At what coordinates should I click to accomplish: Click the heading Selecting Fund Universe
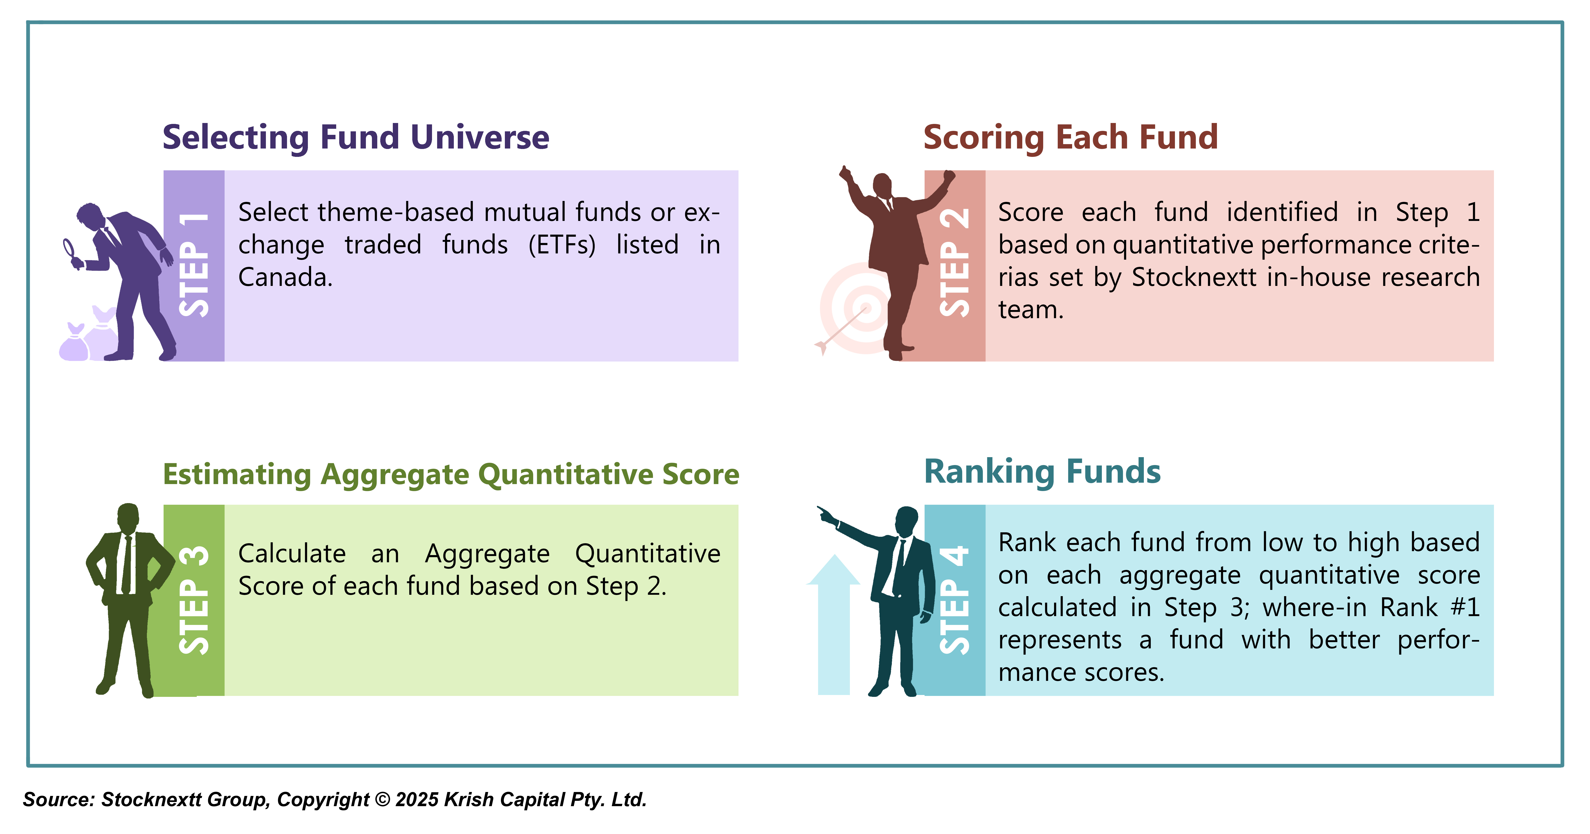coord(355,137)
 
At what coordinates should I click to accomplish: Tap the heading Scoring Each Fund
coord(1070,137)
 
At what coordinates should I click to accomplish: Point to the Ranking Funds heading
coord(1042,472)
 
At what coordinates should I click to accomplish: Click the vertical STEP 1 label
coord(194,265)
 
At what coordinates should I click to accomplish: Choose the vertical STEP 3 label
coord(194,600)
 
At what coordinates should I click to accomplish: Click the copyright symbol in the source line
coord(383,799)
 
